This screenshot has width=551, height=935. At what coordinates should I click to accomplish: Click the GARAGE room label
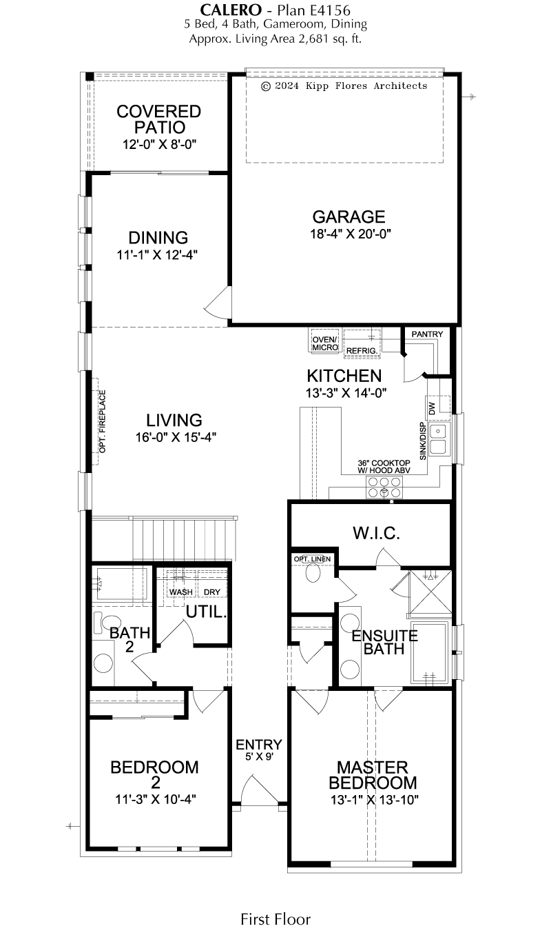coord(349,217)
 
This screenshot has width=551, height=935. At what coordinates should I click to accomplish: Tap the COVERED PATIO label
coord(159,119)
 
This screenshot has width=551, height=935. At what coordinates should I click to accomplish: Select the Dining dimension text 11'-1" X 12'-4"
coord(157,254)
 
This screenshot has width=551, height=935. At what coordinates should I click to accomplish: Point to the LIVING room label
coord(174,420)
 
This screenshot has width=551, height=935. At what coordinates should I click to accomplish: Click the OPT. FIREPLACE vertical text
coord(103,421)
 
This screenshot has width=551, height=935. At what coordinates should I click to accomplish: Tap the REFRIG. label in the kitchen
coord(362,351)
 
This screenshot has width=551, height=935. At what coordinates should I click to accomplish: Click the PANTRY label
coord(427,334)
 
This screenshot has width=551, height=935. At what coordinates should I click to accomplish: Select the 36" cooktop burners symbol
coord(384,487)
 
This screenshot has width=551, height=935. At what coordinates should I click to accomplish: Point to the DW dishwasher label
coord(432,408)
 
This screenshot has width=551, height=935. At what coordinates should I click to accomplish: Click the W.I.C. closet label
coord(376,533)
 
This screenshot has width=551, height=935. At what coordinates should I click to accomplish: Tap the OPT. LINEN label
coord(312,559)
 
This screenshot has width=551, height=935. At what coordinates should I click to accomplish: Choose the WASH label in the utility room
coord(181,592)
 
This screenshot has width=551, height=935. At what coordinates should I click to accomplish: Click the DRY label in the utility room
coord(211,592)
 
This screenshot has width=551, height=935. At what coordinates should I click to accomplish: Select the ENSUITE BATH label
coord(384,643)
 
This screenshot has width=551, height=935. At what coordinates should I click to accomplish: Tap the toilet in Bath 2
coord(107,623)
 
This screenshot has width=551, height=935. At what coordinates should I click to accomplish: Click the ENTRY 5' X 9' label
coord(259,750)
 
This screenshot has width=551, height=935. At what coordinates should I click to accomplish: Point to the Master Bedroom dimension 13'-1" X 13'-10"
coord(375,800)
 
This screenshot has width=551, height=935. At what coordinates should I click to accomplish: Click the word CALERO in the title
coord(231,10)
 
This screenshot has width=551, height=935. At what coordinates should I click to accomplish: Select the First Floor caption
coord(275,918)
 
